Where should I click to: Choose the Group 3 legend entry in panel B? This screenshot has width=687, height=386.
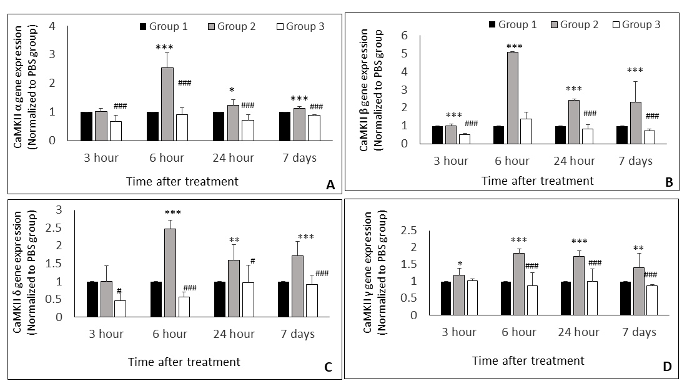[637, 24]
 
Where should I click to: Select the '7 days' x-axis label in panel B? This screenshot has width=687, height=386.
[635, 161]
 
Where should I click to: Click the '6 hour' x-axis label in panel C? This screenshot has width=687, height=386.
[170, 334]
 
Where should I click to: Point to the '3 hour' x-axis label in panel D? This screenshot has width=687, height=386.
[459, 332]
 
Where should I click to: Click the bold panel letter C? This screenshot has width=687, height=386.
[327, 367]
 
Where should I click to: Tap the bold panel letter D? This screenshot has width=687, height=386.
[667, 366]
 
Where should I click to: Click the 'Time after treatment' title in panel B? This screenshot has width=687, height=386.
[537, 181]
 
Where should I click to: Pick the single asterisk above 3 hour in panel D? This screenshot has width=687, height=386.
[460, 265]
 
